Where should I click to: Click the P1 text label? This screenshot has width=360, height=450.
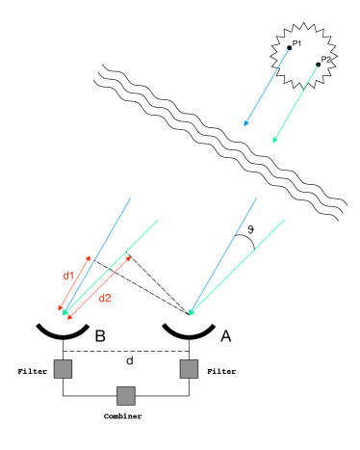297,43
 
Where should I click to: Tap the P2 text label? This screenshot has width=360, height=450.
326,60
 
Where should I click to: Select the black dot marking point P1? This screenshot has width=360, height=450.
289,47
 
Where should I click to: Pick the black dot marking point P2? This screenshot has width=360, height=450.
318,65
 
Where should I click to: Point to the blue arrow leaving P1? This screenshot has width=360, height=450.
267,87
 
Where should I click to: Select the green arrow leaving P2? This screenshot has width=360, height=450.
296,103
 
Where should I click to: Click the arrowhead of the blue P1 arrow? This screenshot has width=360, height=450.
246,123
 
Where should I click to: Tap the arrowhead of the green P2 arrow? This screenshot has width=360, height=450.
275,140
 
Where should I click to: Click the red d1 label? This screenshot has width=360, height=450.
68,276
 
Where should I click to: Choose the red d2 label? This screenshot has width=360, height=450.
105,299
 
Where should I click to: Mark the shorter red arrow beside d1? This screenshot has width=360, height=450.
74,283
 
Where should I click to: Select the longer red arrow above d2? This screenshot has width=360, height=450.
99,286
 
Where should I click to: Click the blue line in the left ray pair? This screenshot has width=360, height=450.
97,254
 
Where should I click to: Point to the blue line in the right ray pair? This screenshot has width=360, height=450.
223,254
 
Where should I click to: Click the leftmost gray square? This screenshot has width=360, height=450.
63,368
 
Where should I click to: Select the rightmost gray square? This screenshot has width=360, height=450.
189,368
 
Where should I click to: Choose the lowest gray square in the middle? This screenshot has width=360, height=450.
125,395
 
